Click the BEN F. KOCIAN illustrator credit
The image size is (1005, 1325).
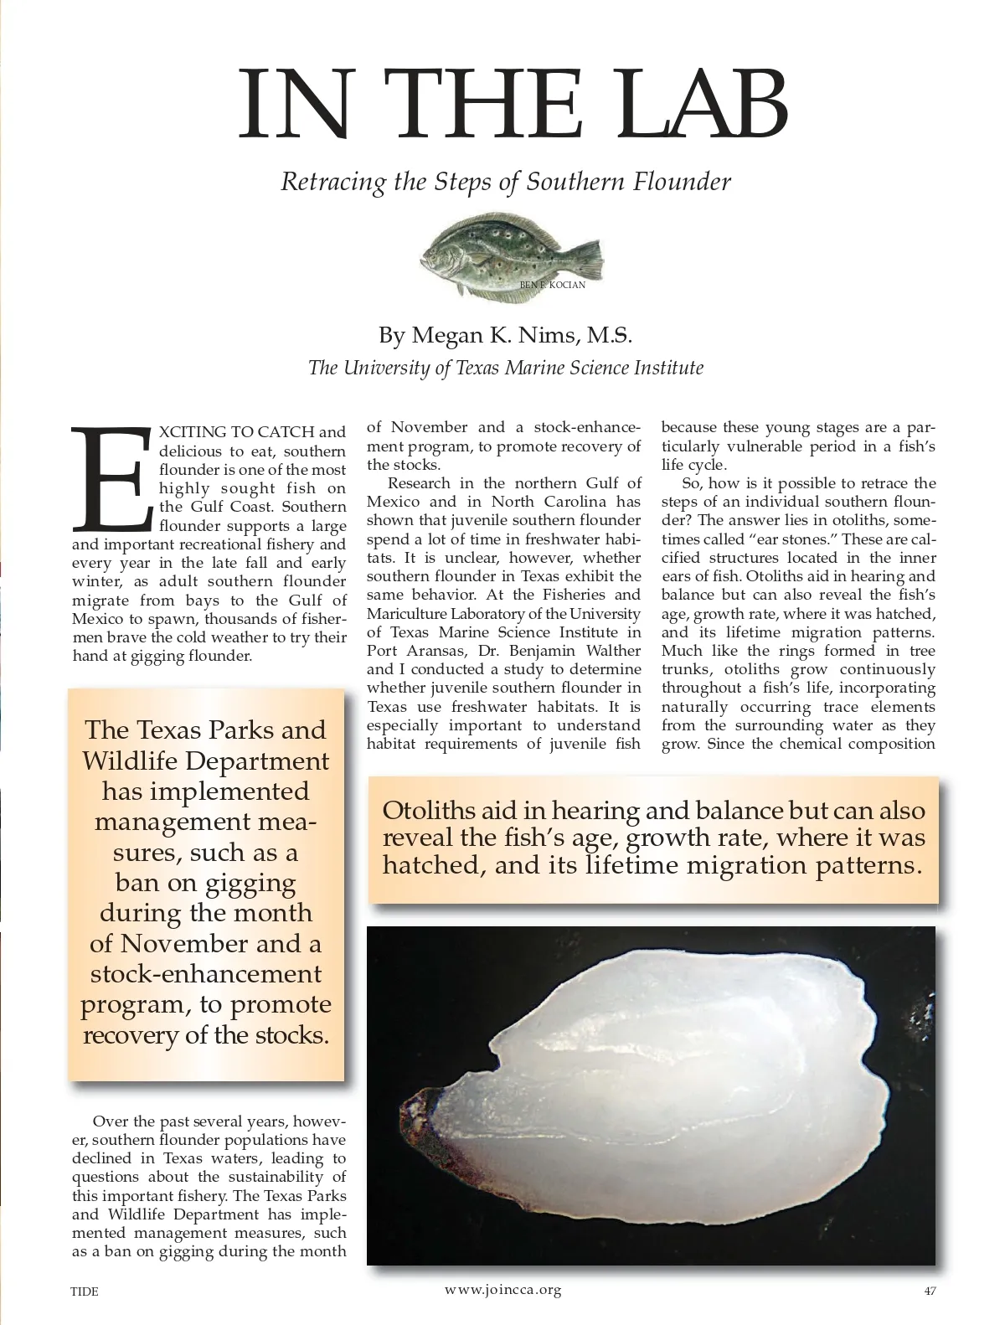coord(552,286)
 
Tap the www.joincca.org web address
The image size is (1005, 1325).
coord(502,1289)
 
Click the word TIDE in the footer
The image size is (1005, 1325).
coord(84,1291)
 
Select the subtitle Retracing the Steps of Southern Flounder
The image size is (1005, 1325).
coord(506,182)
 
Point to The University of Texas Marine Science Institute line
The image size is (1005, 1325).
coord(506,368)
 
